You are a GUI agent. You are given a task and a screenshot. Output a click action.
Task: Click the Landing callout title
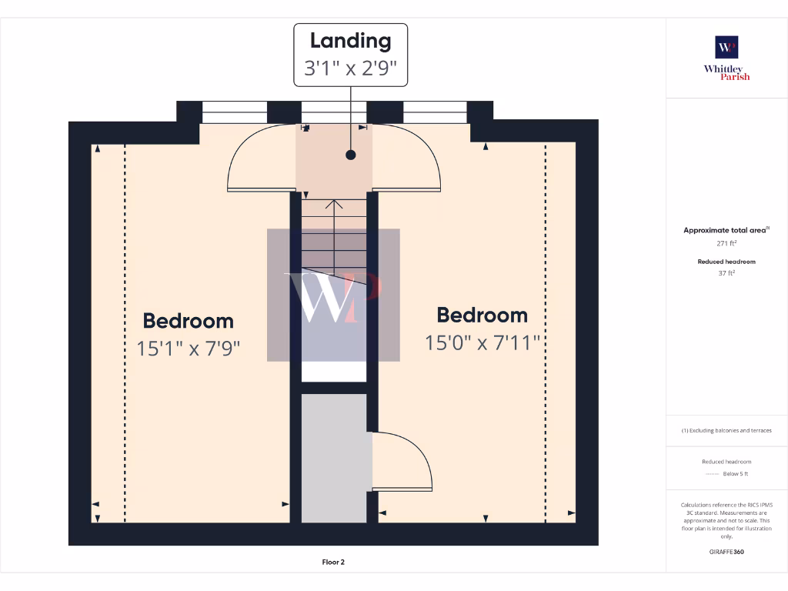350,41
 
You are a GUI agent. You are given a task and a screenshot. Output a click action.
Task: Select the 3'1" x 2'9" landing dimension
350,68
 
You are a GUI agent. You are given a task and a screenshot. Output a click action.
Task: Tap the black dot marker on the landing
351,155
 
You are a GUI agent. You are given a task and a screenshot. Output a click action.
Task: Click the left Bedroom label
188,321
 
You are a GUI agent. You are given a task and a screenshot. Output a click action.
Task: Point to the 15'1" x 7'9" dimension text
189,348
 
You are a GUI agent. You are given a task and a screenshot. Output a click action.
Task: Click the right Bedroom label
482,315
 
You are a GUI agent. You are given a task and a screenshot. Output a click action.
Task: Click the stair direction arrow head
334,204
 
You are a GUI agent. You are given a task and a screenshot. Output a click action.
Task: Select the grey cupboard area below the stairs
333,458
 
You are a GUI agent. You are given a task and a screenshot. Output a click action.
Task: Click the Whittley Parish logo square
726,47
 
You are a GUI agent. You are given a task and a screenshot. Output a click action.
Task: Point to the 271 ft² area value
726,243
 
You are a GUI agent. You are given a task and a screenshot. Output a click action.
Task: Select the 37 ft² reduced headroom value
726,272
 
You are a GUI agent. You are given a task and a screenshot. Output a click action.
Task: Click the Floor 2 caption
333,562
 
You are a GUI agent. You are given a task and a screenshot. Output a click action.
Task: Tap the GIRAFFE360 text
726,552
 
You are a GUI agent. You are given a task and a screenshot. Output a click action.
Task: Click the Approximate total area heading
726,230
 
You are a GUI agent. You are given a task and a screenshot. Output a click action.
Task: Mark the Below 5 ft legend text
736,474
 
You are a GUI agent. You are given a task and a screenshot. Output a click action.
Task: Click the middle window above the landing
333,112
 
